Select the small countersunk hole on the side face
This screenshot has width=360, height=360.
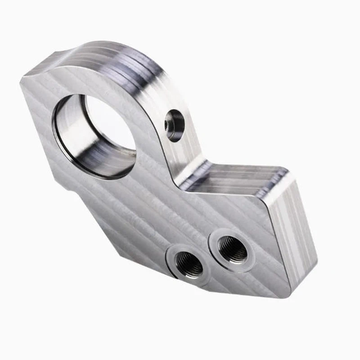pyautogui.click(x=174, y=125)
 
